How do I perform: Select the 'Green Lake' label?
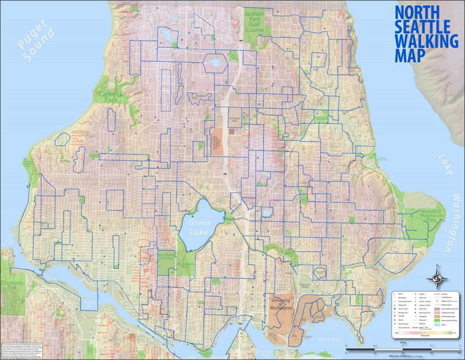(201, 223)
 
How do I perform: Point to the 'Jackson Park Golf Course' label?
(254, 21)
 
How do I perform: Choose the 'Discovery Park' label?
(12, 285)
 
